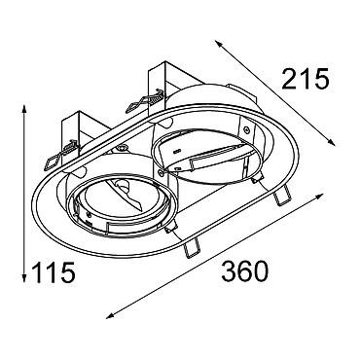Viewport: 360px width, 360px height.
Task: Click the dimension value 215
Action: click(x=306, y=79)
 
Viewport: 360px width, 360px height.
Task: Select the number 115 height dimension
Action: click(x=54, y=272)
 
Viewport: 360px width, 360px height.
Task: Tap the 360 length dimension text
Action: click(x=245, y=270)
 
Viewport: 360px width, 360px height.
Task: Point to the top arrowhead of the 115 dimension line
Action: click(x=23, y=109)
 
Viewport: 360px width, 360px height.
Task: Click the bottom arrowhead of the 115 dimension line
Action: click(x=23, y=278)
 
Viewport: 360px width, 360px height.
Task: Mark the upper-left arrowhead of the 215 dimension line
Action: click(x=218, y=44)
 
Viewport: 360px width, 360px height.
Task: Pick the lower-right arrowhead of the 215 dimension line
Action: click(x=331, y=142)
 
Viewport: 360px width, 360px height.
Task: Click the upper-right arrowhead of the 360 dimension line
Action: click(x=319, y=196)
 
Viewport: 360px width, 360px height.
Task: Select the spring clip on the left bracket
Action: click(x=60, y=155)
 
